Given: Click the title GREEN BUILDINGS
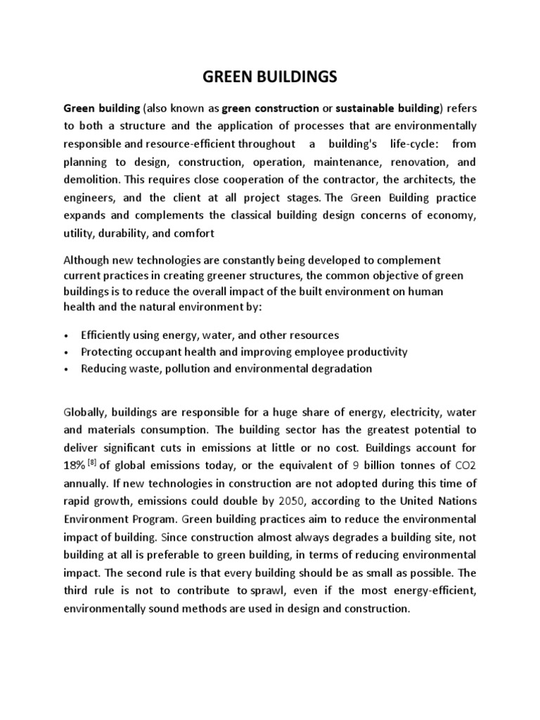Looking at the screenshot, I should [x=270, y=77].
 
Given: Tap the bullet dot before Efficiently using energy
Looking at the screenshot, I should [x=65, y=336].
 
